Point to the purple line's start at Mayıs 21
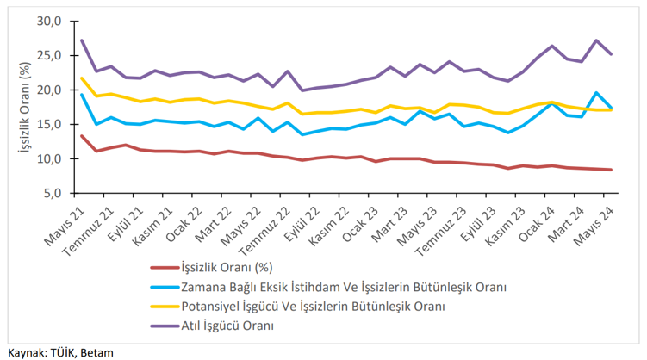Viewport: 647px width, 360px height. (82, 40)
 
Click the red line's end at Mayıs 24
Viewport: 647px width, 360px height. (612, 170)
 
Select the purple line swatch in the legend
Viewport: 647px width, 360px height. (163, 326)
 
